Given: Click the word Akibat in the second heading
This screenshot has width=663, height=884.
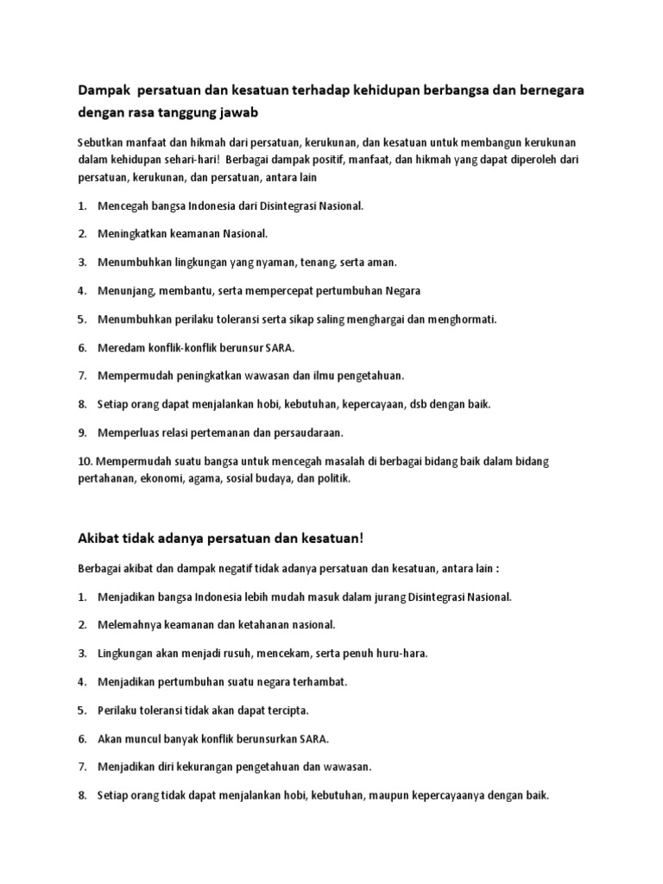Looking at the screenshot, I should point(98,538).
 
